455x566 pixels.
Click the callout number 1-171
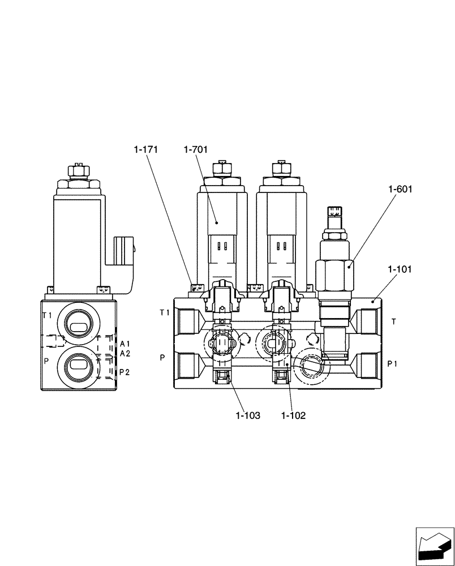pyautogui.click(x=145, y=149)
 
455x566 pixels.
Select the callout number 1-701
pyautogui.click(x=196, y=149)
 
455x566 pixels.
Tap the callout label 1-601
pyautogui.click(x=400, y=190)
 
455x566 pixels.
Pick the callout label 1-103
pyautogui.click(x=248, y=415)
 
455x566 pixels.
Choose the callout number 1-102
pyautogui.click(x=293, y=415)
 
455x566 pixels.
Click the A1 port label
pyautogui.click(x=125, y=344)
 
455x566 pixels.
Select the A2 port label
pyautogui.click(x=125, y=353)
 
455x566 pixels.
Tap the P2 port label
pyautogui.click(x=125, y=372)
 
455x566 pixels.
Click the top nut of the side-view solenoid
pyautogui.click(x=78, y=169)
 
